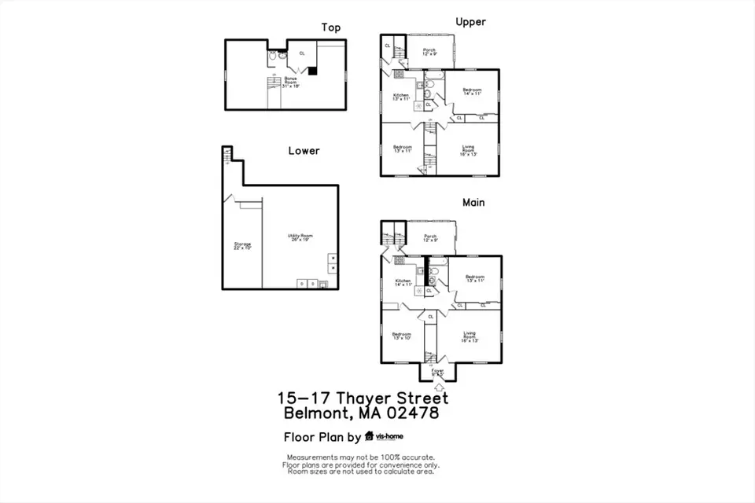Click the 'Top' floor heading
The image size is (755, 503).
pyautogui.click(x=330, y=28)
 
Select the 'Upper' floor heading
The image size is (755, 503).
pyautogui.click(x=470, y=22)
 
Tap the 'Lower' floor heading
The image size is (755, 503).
pyautogui.click(x=304, y=150)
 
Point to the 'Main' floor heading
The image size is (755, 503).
pyautogui.click(x=473, y=202)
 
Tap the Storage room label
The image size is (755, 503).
pyautogui.click(x=241, y=246)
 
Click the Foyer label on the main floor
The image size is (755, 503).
pyautogui.click(x=437, y=372)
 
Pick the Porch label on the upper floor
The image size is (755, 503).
pyautogui.click(x=430, y=52)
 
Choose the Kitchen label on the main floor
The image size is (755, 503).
pyautogui.click(x=403, y=283)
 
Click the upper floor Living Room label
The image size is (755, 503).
pyautogui.click(x=468, y=152)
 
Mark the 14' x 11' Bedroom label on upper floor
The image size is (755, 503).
pyautogui.click(x=472, y=91)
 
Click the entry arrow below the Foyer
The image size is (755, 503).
pyautogui.click(x=438, y=386)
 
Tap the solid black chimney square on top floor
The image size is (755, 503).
pyautogui.click(x=312, y=71)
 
